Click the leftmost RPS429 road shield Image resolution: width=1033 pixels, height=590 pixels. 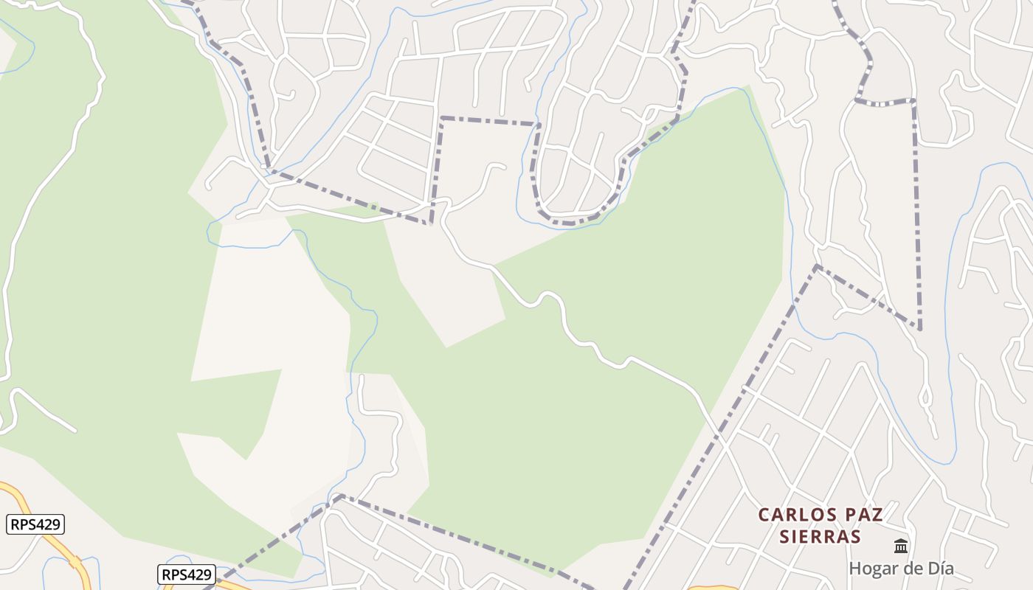click(x=36, y=524)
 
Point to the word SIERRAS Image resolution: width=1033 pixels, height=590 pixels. click(x=820, y=536)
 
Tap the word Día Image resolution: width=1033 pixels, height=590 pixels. click(x=939, y=569)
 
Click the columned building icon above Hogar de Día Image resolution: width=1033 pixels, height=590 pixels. click(x=901, y=546)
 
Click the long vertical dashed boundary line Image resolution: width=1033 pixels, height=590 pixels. click(x=916, y=214)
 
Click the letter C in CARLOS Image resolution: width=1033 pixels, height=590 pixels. click(x=764, y=515)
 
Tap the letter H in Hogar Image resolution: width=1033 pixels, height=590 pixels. click(x=855, y=569)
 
